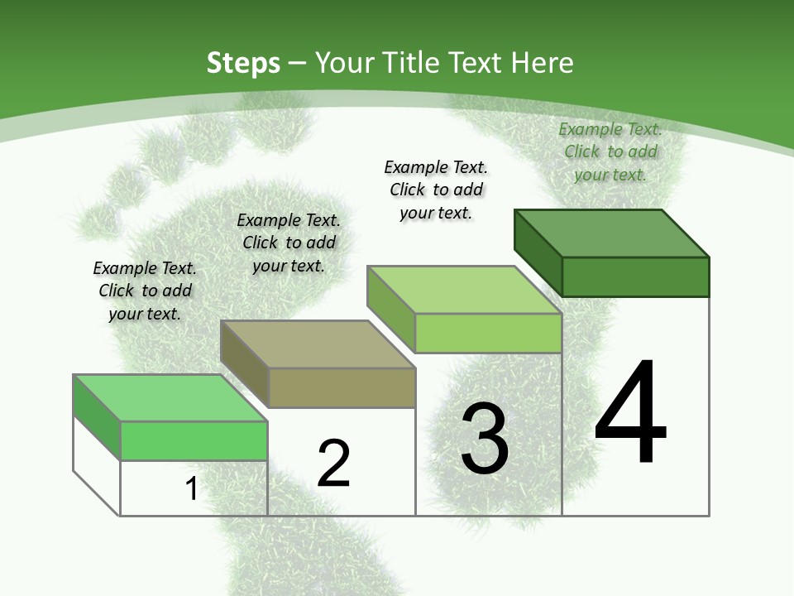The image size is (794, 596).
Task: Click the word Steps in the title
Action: tap(243, 63)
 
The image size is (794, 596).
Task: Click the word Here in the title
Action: tap(542, 63)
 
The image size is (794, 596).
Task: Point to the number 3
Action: tap(485, 439)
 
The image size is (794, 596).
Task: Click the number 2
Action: tap(333, 464)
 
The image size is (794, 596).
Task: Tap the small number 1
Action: tap(191, 489)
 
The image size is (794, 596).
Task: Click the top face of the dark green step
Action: tap(612, 233)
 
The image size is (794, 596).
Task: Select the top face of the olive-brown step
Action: tap(318, 344)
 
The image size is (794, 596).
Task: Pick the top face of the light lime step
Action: tap(465, 290)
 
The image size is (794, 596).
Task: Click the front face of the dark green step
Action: tap(635, 276)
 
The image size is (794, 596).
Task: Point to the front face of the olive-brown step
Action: tap(342, 387)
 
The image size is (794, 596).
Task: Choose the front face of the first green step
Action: tap(194, 440)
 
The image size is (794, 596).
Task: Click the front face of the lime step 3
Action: tap(488, 333)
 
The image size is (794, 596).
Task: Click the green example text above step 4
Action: tap(610, 151)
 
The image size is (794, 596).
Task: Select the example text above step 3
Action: tap(436, 190)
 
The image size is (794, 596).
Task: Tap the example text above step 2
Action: tap(289, 243)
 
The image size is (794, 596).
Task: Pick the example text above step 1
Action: tap(145, 291)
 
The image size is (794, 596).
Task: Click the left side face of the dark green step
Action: tap(538, 252)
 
